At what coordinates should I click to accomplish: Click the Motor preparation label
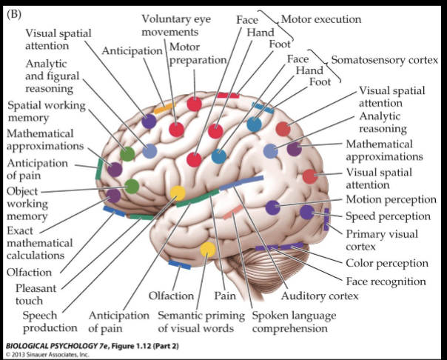pos(198,55)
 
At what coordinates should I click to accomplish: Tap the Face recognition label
pos(386,281)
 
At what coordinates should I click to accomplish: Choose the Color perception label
pos(387,263)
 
